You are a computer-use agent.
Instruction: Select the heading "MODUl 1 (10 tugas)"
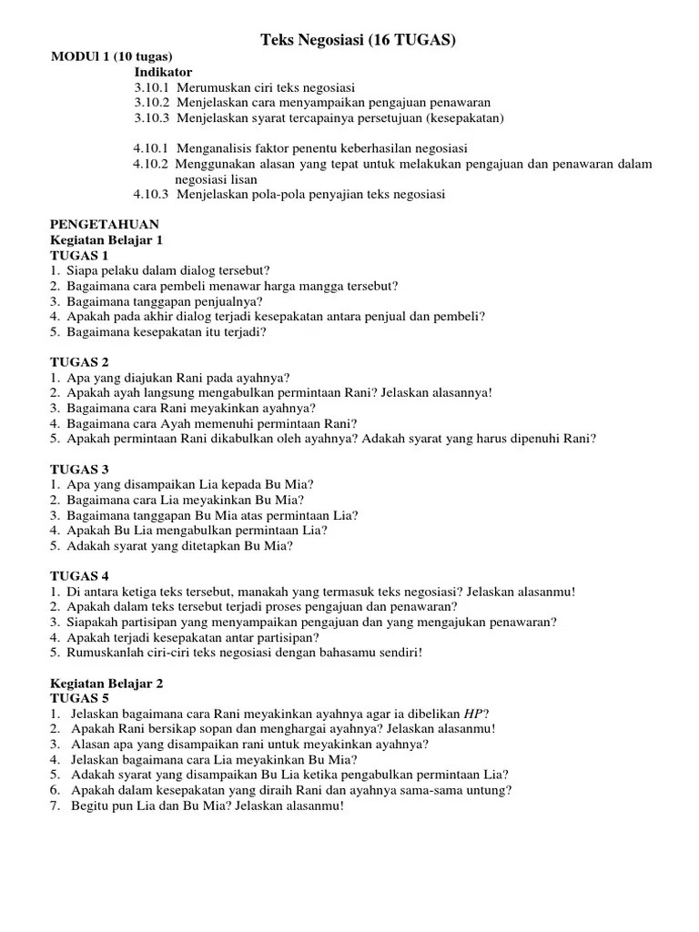[111, 56]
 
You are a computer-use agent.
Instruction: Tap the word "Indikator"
[164, 72]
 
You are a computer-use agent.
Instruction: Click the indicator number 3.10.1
[152, 87]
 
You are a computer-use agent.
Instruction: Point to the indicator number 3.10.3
[152, 117]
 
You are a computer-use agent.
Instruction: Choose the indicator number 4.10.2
[150, 164]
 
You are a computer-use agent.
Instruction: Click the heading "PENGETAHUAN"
[105, 224]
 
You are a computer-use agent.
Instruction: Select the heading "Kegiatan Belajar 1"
[106, 239]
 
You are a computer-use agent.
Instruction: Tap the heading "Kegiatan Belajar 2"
[106, 683]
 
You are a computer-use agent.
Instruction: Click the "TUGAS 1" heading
[79, 255]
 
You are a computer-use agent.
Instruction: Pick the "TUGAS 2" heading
[79, 361]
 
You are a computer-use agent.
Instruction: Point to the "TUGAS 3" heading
[79, 469]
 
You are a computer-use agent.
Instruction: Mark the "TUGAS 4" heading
[79, 576]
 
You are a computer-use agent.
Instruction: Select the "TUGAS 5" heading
[79, 698]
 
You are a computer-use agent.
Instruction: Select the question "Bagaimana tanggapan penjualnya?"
[165, 301]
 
